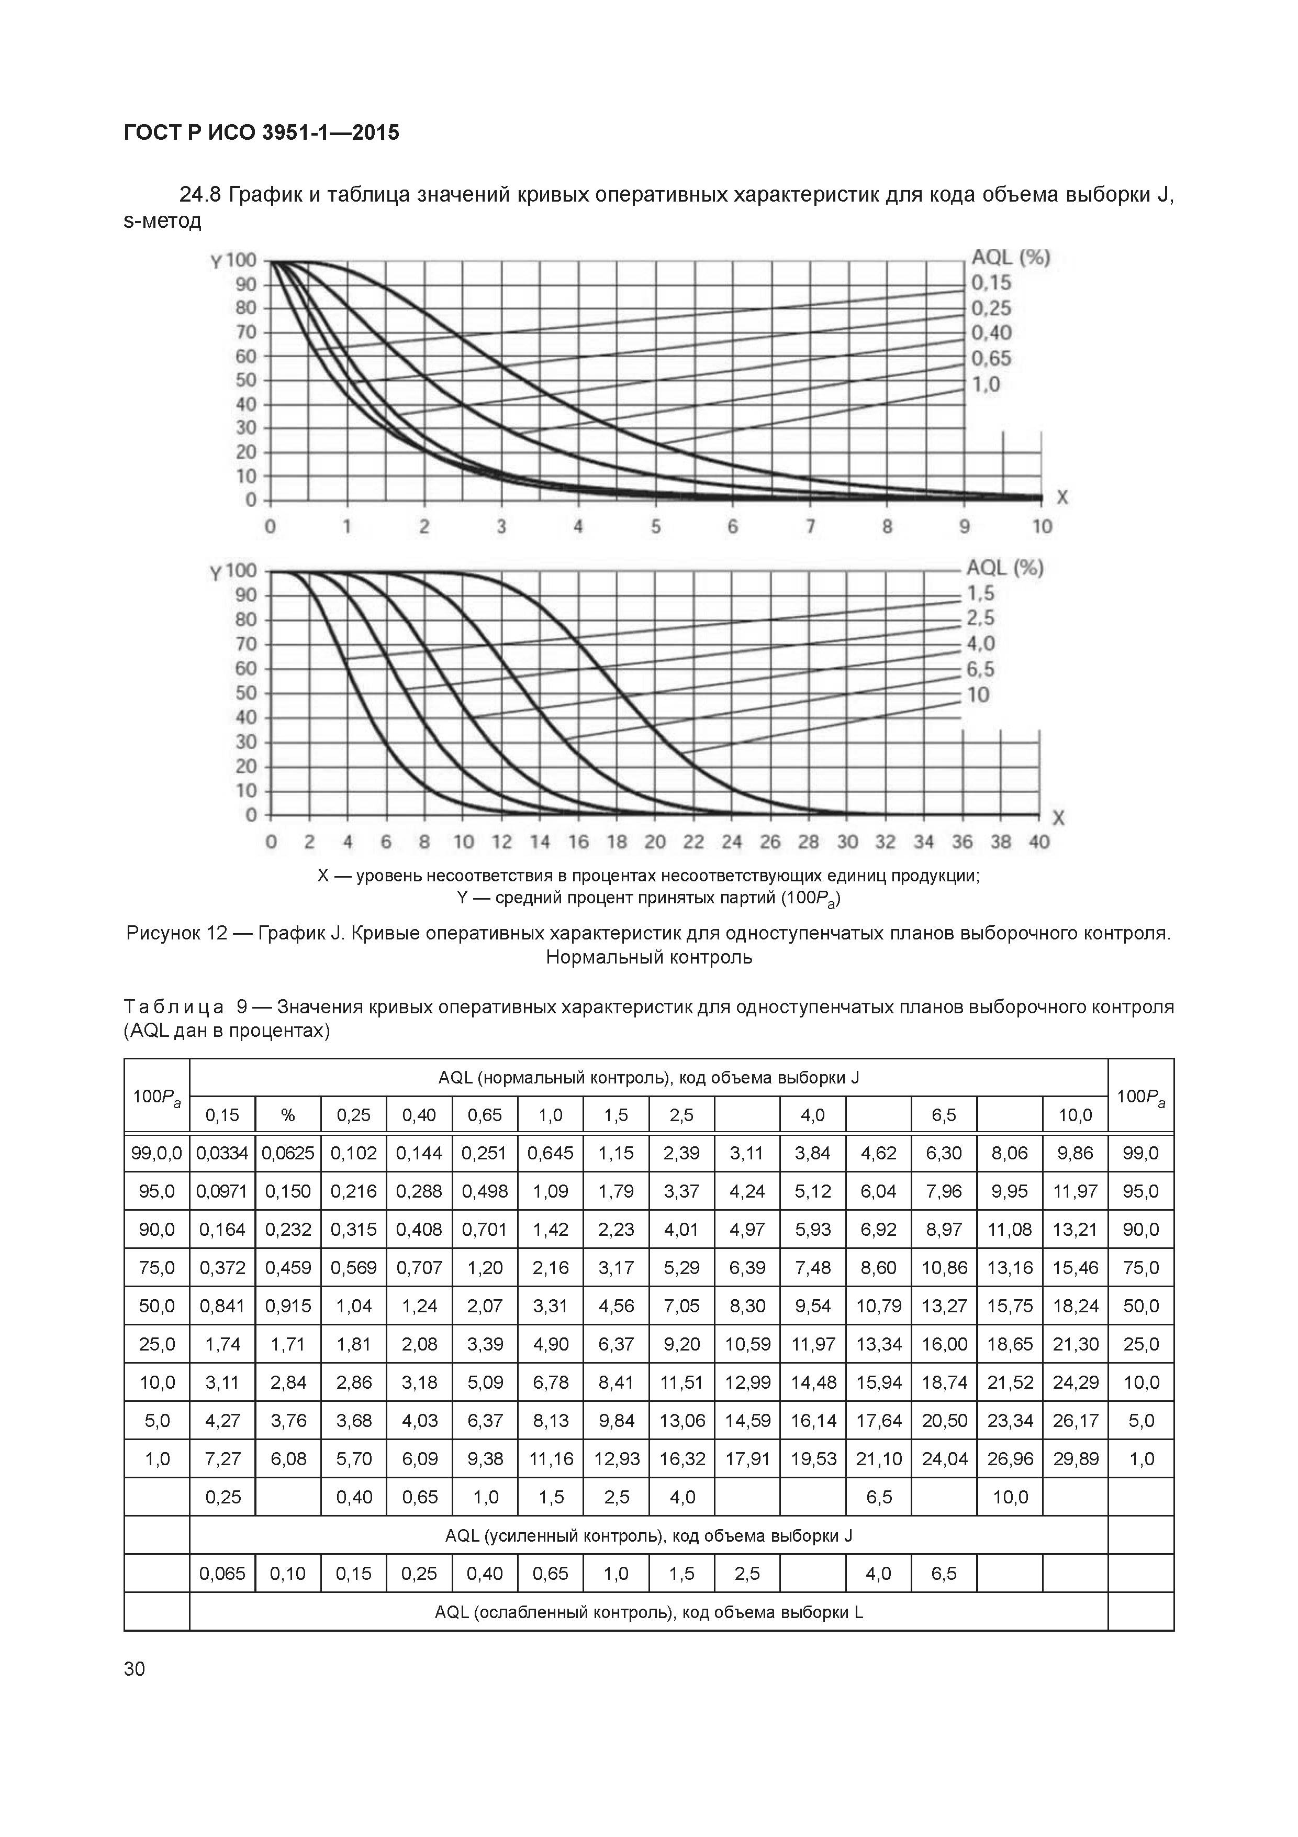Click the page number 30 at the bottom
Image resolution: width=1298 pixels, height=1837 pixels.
pyautogui.click(x=135, y=1668)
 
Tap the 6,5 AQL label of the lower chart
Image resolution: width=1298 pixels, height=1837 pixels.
pyautogui.click(x=980, y=669)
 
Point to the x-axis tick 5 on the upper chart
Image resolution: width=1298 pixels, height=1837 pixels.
pyautogui.click(x=656, y=526)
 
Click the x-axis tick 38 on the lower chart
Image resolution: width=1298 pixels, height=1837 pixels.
pyautogui.click(x=1001, y=842)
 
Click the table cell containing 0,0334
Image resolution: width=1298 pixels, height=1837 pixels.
pyautogui.click(x=222, y=1153)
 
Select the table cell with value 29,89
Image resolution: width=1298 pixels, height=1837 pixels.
pyautogui.click(x=1076, y=1458)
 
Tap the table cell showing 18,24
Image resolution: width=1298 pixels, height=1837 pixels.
pyautogui.click(x=1076, y=1305)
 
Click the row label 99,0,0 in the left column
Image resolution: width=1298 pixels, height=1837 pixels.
pyautogui.click(x=156, y=1153)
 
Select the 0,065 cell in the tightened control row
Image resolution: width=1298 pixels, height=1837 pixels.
pyautogui.click(x=222, y=1574)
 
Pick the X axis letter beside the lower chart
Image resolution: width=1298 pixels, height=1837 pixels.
pyautogui.click(x=1058, y=817)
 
